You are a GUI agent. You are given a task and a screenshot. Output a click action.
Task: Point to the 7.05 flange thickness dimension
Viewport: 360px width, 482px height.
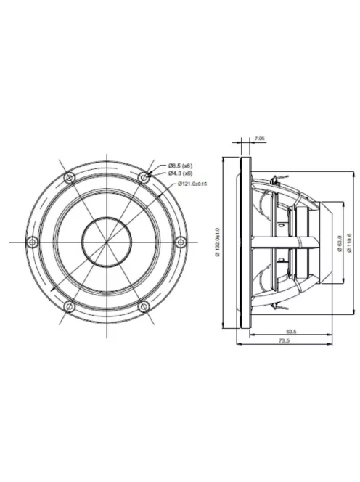point(259,138)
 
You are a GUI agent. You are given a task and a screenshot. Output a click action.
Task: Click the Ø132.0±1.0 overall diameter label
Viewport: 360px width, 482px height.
point(217,240)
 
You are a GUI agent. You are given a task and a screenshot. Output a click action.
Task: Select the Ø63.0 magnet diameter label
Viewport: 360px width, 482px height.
point(340,240)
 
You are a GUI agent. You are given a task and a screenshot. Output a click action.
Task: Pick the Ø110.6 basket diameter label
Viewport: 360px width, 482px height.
point(351,240)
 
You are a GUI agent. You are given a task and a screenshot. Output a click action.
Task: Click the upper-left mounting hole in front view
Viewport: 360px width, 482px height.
point(69,177)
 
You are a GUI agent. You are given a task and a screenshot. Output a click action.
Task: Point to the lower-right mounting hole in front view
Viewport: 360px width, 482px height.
point(144,306)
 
